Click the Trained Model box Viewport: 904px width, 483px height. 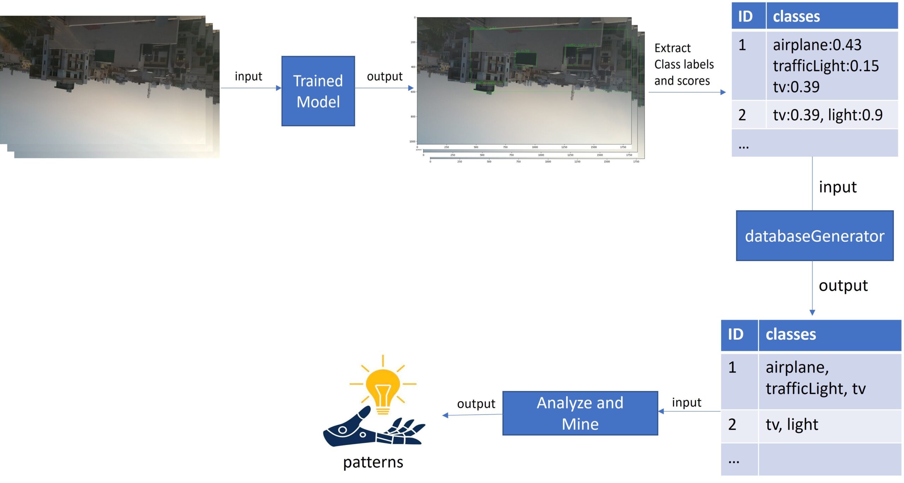[318, 91]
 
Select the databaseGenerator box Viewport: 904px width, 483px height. [814, 236]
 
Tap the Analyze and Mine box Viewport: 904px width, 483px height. [580, 413]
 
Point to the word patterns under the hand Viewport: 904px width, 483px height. [373, 462]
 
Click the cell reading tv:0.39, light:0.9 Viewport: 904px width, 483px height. [827, 115]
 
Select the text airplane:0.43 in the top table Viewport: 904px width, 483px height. [817, 45]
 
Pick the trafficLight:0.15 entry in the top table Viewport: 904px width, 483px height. [825, 66]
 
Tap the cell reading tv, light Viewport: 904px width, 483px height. [791, 424]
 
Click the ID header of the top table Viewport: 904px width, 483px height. [745, 17]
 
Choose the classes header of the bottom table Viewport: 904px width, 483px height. [791, 334]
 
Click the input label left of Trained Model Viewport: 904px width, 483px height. [248, 76]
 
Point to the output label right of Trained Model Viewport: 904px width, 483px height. [385, 76]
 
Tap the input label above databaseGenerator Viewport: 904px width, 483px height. [838, 187]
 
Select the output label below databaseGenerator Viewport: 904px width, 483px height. [843, 286]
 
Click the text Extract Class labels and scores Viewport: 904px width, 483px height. [683, 65]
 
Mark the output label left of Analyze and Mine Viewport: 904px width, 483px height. [476, 404]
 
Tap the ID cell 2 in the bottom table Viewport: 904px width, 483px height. [732, 424]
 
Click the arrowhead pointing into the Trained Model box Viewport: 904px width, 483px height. [279, 88]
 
